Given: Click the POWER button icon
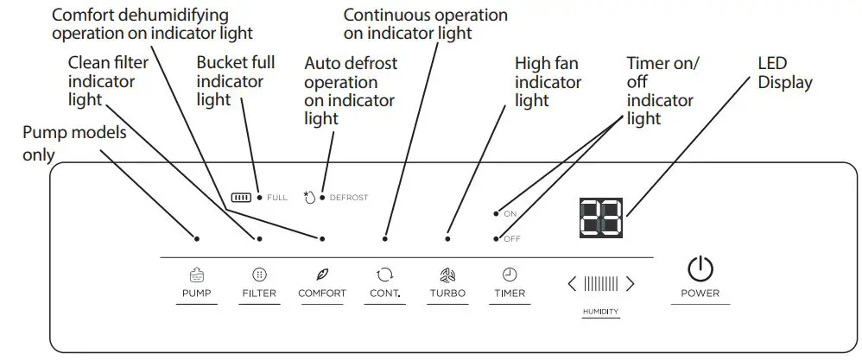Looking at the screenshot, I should (x=700, y=270).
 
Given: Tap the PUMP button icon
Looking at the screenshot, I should (x=196, y=275).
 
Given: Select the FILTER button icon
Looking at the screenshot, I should (x=258, y=275).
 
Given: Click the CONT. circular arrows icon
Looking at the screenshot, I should (x=384, y=275).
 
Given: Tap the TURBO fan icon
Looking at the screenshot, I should (x=447, y=275).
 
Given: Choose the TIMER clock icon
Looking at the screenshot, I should (x=509, y=275).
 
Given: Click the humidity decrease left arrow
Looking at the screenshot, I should (x=571, y=283).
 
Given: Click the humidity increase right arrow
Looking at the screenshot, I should (x=631, y=283).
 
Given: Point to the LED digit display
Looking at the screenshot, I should (x=600, y=218).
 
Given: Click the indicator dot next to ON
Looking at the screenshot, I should (x=496, y=212).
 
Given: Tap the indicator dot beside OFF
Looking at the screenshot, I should (x=496, y=238).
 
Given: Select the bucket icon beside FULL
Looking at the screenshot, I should (x=242, y=198).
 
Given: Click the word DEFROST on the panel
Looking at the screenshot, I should (x=349, y=198).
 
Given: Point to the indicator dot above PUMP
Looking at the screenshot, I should (x=197, y=238).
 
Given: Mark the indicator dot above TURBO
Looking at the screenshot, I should (x=447, y=238).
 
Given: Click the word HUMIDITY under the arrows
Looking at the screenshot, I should (x=600, y=312).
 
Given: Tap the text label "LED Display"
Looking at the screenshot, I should (x=784, y=73).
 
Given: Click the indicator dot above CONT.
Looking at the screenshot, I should (x=385, y=238).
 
